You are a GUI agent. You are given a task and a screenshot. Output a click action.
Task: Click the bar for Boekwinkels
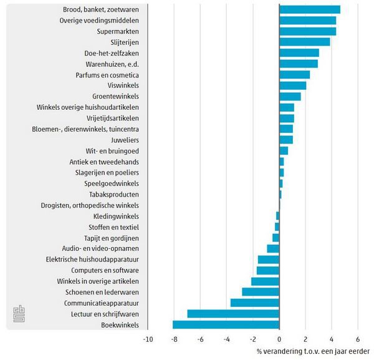point(226,324)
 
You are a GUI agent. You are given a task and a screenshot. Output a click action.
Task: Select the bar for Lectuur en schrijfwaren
point(233,313)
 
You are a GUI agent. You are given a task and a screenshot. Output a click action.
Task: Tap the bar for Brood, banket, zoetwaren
point(310,9)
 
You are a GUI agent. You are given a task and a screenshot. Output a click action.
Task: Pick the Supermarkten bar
point(307,31)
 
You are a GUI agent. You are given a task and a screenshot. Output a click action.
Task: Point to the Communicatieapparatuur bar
point(255,303)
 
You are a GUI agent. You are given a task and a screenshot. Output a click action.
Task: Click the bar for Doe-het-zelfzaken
point(299,53)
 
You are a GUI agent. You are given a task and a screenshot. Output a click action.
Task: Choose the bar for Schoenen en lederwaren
point(261,292)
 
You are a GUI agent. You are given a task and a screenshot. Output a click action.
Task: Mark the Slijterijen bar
point(305,42)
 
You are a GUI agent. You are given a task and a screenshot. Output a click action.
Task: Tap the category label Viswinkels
point(123,85)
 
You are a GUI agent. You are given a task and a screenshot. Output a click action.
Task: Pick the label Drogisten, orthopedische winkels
point(90,205)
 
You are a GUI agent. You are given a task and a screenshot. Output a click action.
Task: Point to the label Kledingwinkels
point(120,216)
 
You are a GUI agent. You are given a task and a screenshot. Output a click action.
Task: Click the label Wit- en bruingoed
point(112,151)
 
